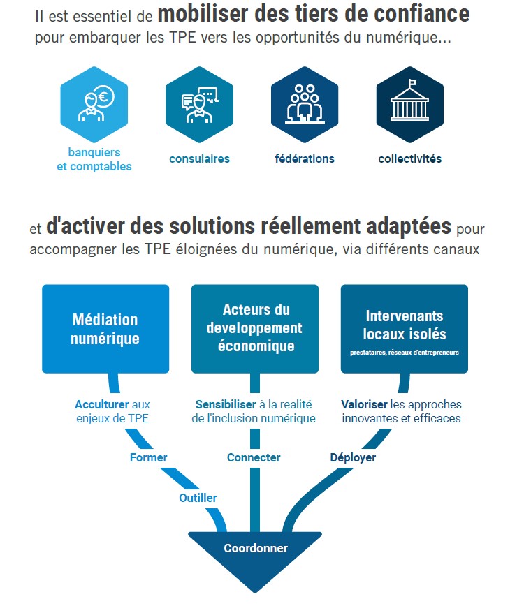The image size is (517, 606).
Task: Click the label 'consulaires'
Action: click(x=199, y=158)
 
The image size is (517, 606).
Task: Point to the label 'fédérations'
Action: click(x=305, y=158)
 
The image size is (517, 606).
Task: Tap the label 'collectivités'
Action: click(x=410, y=158)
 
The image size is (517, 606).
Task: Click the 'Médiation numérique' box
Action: click(x=105, y=329)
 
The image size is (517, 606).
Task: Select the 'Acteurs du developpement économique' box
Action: click(x=255, y=329)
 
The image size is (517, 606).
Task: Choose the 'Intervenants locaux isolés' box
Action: click(x=405, y=329)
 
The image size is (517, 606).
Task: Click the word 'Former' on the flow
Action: click(x=149, y=458)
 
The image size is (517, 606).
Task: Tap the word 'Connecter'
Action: click(x=254, y=458)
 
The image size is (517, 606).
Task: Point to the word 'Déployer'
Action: click(x=353, y=458)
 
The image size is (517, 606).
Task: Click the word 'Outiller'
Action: click(x=198, y=498)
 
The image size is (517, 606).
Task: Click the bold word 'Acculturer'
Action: click(x=101, y=404)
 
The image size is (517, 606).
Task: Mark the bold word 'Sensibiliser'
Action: click(x=226, y=404)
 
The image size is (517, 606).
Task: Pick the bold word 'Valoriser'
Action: click(x=365, y=404)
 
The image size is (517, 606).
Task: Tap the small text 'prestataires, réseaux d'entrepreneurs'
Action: click(x=405, y=353)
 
